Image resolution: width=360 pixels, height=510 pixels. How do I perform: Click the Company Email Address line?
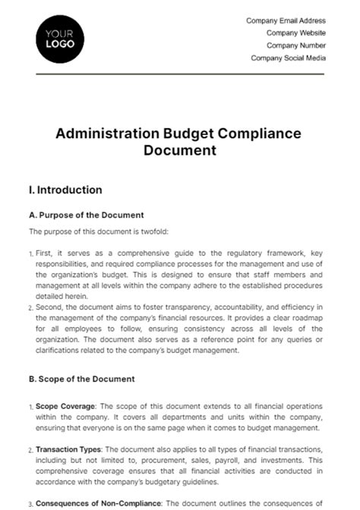click(286, 20)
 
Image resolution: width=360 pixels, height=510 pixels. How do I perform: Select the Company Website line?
click(295, 33)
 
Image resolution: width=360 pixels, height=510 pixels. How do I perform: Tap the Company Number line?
click(295, 46)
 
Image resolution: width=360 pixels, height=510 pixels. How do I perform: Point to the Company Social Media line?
click(289, 58)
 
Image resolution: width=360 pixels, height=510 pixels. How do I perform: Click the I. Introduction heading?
click(65, 190)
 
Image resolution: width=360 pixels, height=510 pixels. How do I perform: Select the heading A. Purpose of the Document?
click(86, 215)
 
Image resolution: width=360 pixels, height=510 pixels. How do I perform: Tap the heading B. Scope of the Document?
click(81, 379)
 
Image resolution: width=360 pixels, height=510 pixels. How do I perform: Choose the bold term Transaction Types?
click(65, 449)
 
